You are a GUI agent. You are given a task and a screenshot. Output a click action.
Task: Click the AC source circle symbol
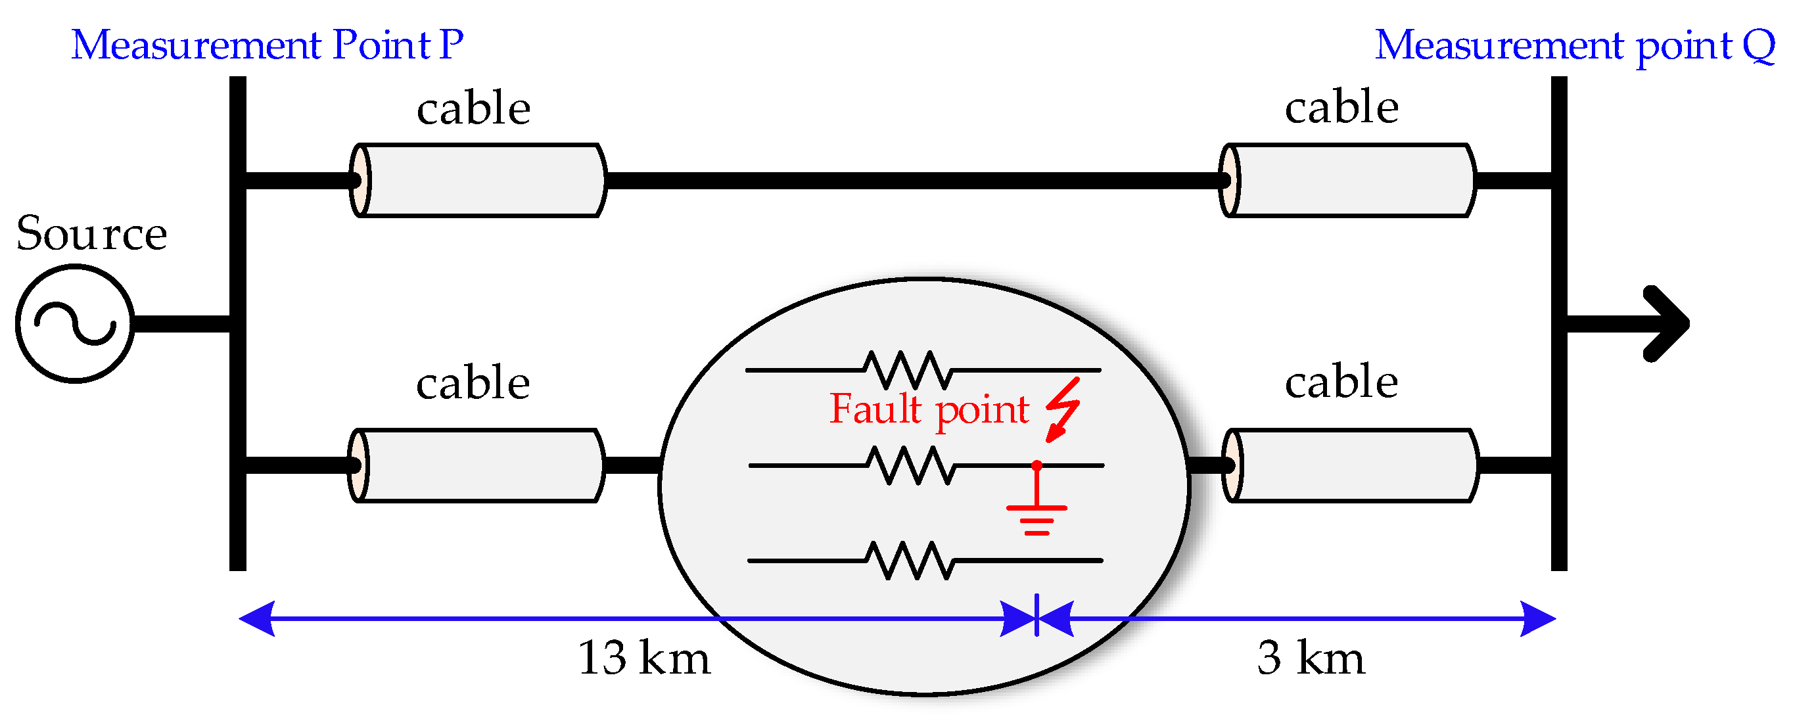(x=74, y=323)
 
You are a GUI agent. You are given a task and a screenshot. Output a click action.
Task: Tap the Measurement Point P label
(x=268, y=45)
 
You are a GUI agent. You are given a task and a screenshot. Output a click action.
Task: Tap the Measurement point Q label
(x=1574, y=46)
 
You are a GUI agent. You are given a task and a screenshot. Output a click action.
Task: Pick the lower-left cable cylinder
(x=476, y=465)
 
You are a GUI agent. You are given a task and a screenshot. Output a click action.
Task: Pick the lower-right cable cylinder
(x=1349, y=465)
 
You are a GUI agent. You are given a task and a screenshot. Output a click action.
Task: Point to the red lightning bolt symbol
(x=1063, y=410)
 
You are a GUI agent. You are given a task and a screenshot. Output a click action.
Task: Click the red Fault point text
(x=929, y=409)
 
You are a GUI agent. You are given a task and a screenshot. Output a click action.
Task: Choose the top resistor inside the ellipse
(x=908, y=370)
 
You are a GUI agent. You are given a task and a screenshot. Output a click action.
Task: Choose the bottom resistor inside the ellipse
(x=909, y=560)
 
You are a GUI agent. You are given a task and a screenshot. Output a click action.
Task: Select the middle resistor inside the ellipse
(x=910, y=465)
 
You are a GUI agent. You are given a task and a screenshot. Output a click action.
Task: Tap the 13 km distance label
(x=644, y=657)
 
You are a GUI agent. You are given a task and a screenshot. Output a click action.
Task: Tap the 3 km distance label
(x=1311, y=657)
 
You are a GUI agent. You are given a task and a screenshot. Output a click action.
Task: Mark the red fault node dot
(x=1036, y=465)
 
